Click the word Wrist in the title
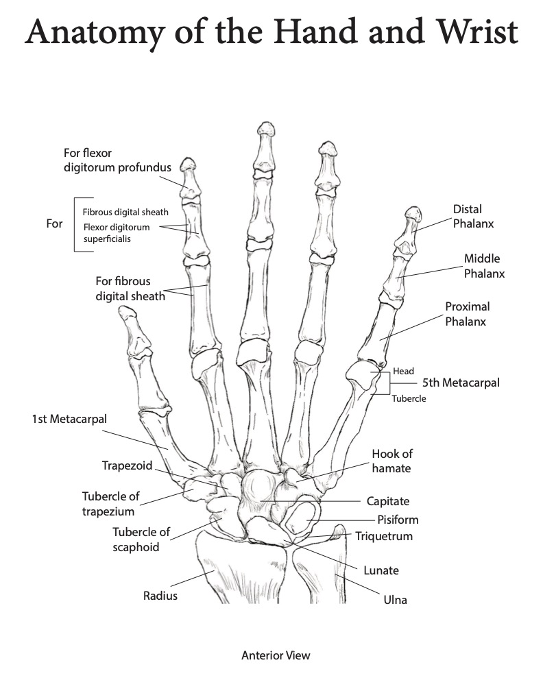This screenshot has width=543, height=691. [473, 33]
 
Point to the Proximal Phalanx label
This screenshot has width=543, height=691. [468, 314]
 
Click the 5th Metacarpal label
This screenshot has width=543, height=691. [461, 383]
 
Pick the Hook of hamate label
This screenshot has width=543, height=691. [392, 461]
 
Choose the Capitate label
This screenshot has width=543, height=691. [388, 502]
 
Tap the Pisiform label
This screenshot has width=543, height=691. [398, 520]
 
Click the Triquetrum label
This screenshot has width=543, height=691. [384, 536]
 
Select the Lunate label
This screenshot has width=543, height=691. [381, 570]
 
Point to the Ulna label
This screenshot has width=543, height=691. [396, 600]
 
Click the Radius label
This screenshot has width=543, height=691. [160, 595]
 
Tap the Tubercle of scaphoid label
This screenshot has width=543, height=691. [141, 540]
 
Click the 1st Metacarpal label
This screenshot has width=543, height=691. [69, 418]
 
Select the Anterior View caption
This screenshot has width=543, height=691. [271, 655]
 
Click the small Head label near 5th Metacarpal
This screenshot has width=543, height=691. [403, 371]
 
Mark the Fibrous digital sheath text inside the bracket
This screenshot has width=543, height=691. [125, 212]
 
